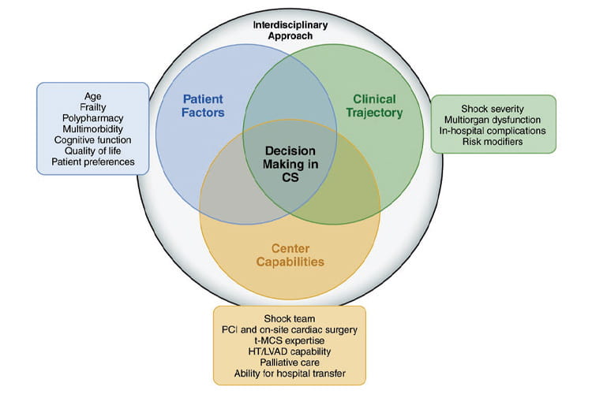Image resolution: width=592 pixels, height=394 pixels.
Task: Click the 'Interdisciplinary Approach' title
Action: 289,30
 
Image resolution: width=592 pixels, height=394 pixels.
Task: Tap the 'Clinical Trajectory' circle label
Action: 374,106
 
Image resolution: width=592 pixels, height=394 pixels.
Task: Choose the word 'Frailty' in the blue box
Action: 93,108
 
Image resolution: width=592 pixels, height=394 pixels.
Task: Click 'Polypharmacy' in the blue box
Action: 93,119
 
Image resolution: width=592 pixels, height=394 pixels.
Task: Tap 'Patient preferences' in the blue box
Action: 93,162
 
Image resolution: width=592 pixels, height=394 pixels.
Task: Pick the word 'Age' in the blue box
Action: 93,97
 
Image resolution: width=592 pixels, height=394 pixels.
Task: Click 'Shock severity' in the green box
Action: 494,109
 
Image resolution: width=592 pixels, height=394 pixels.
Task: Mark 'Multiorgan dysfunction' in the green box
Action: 494,120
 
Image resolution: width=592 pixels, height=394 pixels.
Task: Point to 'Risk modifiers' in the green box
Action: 494,142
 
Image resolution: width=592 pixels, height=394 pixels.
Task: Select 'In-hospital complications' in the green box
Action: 494,131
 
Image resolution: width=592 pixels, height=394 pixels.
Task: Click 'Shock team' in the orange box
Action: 289,318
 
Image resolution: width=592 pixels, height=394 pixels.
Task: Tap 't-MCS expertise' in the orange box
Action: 289,340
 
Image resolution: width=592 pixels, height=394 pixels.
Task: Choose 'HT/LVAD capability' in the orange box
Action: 289,351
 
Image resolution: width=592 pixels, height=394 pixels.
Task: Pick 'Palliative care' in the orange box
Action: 289,362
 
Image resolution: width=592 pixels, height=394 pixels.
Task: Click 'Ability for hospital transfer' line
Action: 289,373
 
